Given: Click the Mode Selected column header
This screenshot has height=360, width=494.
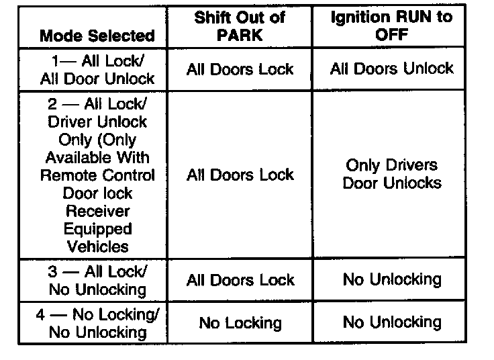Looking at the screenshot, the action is [97, 36].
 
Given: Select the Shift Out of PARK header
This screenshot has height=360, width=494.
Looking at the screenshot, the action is [240, 26].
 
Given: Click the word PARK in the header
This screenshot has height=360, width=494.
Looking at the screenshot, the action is [240, 35].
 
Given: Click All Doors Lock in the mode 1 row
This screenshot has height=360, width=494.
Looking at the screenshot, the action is [240, 69].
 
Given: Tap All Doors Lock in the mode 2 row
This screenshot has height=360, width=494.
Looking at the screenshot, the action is [240, 175].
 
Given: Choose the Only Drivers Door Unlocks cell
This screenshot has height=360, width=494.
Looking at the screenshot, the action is [391, 174].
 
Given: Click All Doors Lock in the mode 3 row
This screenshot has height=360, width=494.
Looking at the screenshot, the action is [240, 280].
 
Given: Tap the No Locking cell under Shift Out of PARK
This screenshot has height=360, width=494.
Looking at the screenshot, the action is [240, 323].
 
